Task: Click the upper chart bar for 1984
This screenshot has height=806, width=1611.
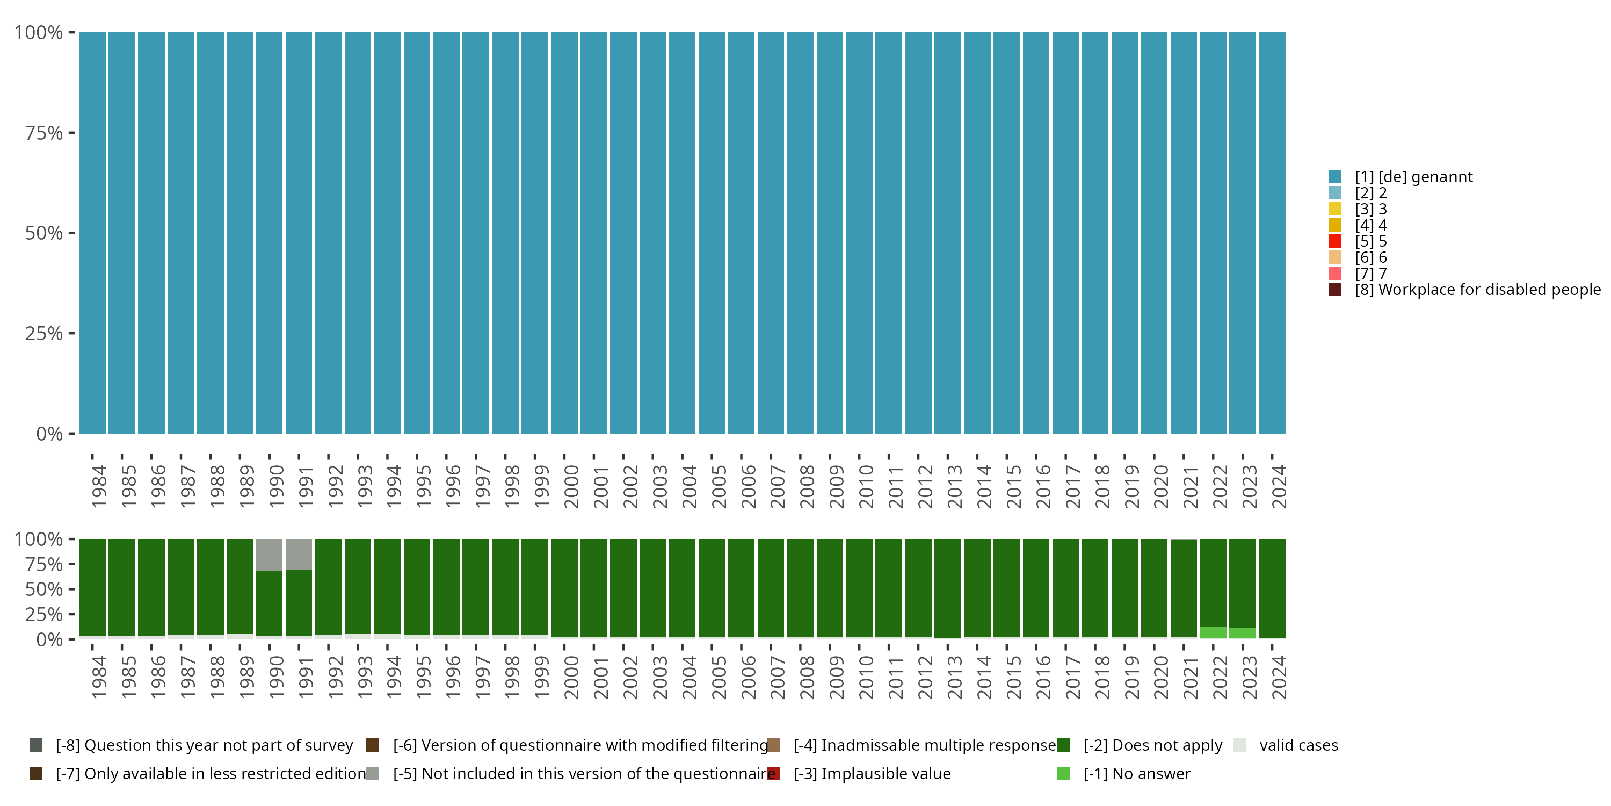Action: (x=92, y=233)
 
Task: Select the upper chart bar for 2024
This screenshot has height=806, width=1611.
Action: (x=1272, y=233)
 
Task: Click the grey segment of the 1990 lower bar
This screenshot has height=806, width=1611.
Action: (x=270, y=555)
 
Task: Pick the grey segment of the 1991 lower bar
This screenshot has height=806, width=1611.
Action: (x=299, y=555)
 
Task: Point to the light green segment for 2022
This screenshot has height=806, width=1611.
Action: (x=1213, y=632)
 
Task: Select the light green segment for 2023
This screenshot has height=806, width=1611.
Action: (x=1243, y=632)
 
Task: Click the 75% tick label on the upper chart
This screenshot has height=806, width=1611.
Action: (x=44, y=133)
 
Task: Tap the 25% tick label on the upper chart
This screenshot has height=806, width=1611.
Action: (x=44, y=334)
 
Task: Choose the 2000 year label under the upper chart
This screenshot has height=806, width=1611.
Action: (x=571, y=486)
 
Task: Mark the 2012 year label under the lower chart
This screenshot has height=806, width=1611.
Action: (x=925, y=677)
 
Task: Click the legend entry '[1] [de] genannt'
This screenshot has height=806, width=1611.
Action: (x=1413, y=177)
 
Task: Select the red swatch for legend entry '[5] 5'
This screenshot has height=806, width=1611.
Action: (x=1334, y=241)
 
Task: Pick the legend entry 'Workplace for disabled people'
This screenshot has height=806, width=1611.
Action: (x=1476, y=290)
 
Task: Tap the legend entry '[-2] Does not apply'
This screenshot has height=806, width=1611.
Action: (x=1152, y=745)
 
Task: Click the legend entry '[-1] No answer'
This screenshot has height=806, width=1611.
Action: (x=1136, y=773)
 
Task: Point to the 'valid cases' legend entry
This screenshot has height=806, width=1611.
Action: (x=1298, y=745)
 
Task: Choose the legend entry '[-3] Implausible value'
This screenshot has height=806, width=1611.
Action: (x=872, y=773)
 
